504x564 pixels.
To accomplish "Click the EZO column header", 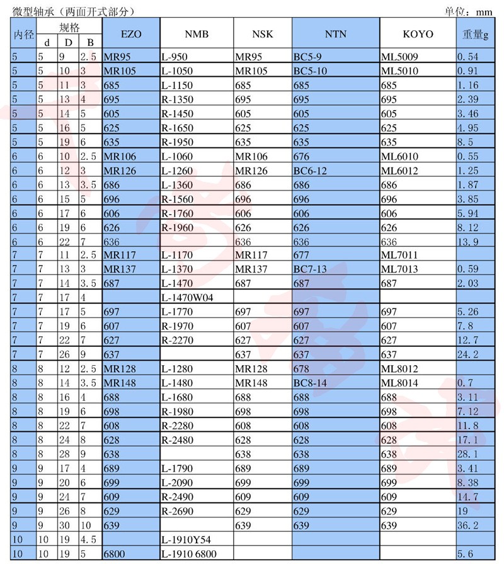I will (x=130, y=34).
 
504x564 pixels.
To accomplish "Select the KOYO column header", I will (x=418, y=34).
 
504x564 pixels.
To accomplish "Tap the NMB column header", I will (x=197, y=34).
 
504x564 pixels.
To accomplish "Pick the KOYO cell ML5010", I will (x=399, y=71).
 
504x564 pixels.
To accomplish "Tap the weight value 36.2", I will (x=469, y=525).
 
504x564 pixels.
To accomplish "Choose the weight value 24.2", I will (x=469, y=354).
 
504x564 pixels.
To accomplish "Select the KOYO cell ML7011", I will (x=399, y=255).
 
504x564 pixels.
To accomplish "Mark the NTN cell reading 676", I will (x=302, y=156).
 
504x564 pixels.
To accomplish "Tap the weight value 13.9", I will (x=469, y=241).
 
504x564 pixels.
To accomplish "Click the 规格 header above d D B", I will (x=69, y=27).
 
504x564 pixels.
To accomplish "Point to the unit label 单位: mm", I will (x=466, y=11).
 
